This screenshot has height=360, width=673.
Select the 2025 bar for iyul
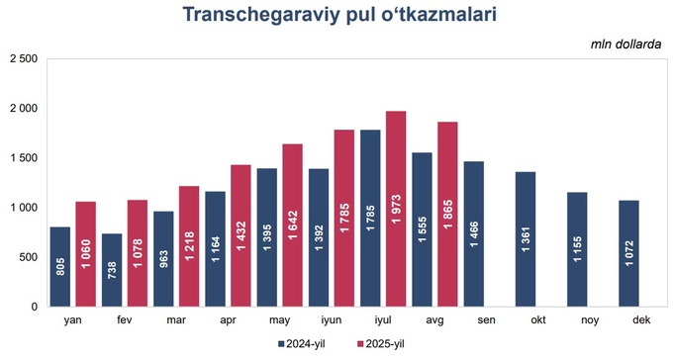pos(395,209)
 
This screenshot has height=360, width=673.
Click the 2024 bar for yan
pos(60,267)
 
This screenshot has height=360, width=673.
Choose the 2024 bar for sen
pos(473,234)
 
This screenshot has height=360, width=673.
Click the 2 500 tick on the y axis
pos(23,59)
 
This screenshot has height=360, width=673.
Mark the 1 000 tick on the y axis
pos(23,208)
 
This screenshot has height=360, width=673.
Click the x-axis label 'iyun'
pos(331,319)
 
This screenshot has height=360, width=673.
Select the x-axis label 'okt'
pos(536,319)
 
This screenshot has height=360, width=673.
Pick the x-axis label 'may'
pos(279,319)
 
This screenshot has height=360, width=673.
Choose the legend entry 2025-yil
pos(376,342)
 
